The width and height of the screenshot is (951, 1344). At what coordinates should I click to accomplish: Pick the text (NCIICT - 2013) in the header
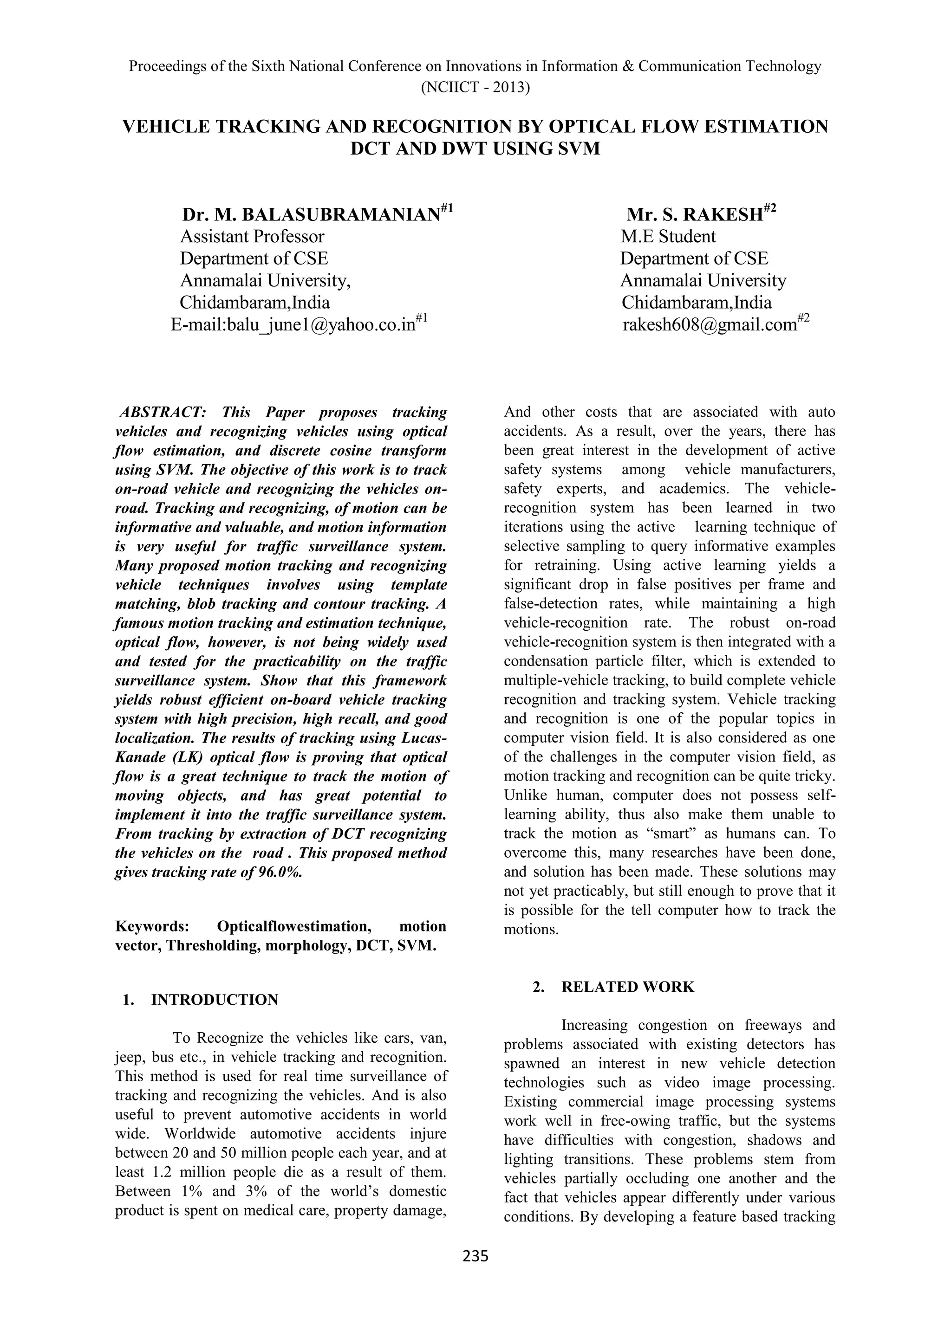(475, 88)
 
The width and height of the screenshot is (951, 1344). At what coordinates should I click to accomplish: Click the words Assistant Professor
(252, 237)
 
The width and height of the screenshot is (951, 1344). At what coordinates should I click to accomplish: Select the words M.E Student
(668, 237)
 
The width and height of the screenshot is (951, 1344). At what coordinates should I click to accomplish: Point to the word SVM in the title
(579, 149)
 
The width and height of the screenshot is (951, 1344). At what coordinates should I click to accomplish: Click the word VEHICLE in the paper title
(165, 127)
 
